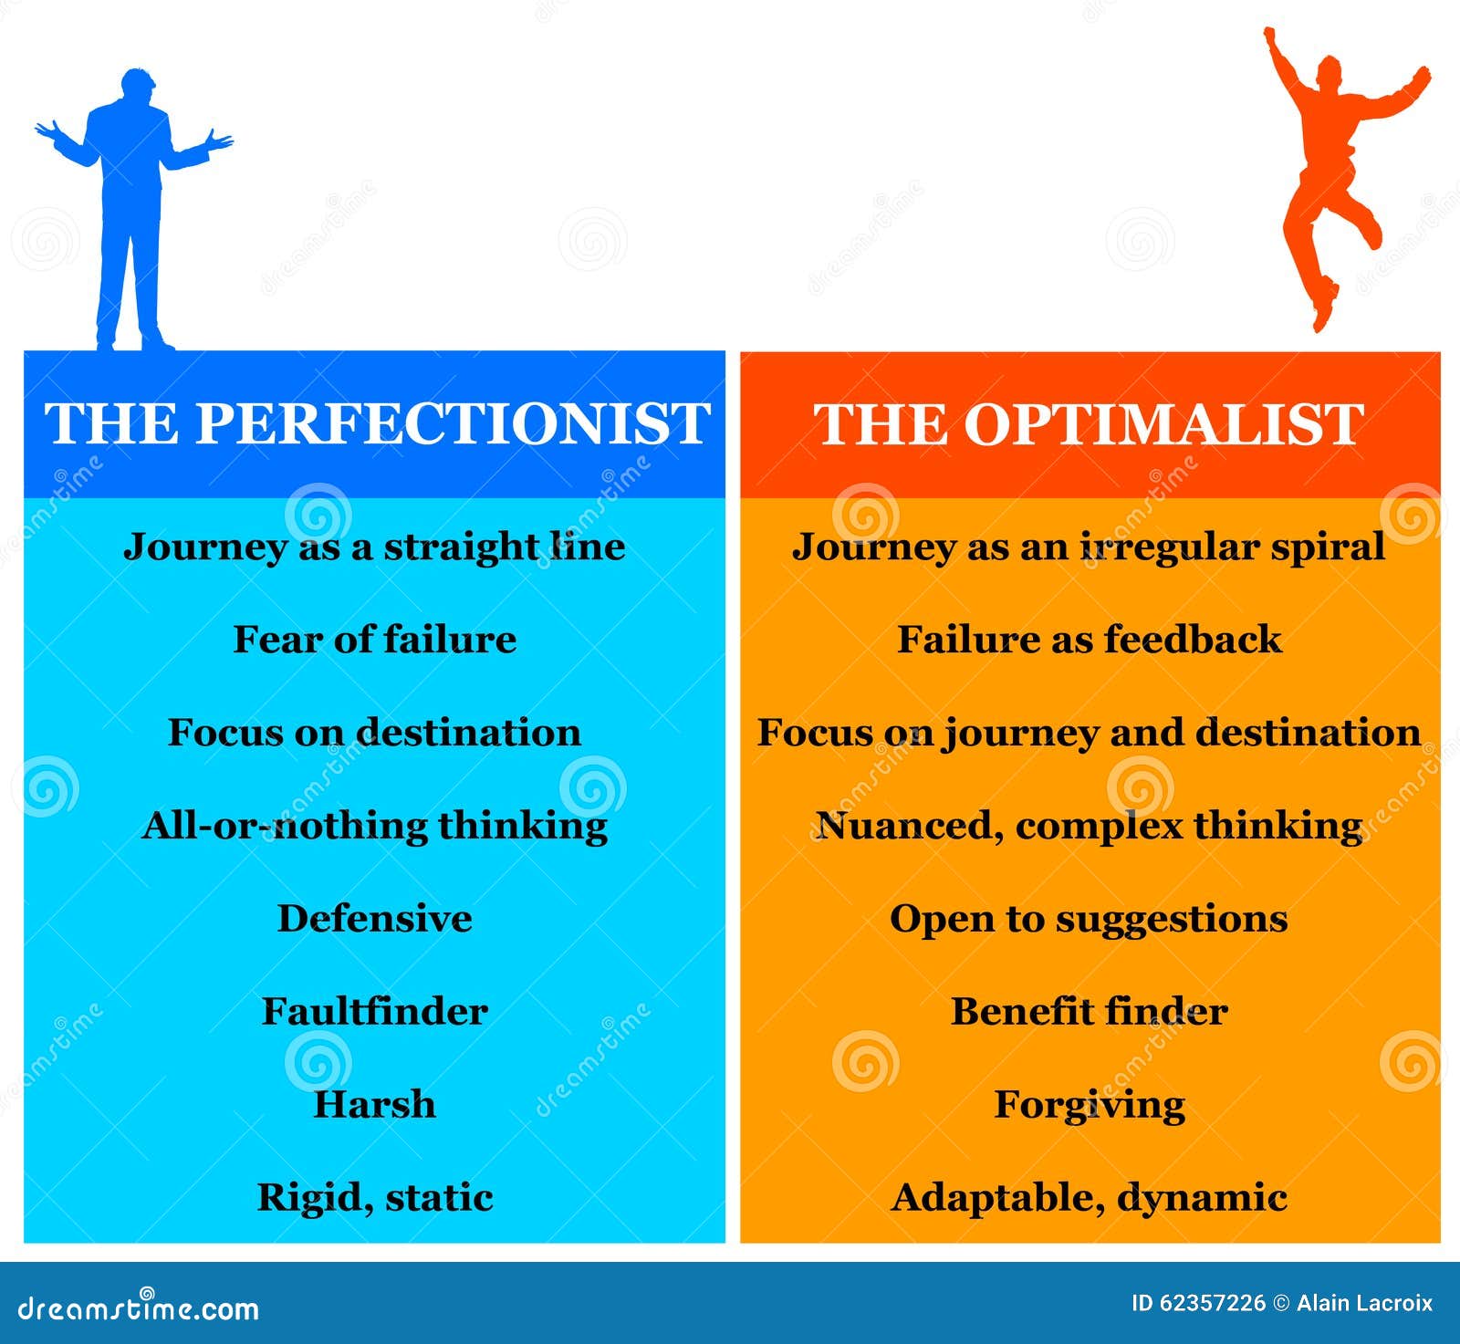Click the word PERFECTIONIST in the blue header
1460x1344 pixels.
(x=454, y=423)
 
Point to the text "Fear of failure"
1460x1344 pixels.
(x=374, y=640)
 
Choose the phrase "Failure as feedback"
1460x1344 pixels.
(x=1090, y=640)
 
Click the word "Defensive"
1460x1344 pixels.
(x=374, y=919)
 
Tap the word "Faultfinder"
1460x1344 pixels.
(x=374, y=1012)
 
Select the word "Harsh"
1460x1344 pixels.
(x=374, y=1105)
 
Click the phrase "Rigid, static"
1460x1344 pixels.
(x=374, y=1198)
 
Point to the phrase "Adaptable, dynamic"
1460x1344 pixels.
(x=1090, y=1198)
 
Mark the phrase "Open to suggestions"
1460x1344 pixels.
(x=1090, y=919)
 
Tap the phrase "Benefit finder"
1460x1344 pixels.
(x=1090, y=1012)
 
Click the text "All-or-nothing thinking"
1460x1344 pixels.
(x=374, y=826)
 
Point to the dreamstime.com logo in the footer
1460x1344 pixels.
(x=138, y=1308)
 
